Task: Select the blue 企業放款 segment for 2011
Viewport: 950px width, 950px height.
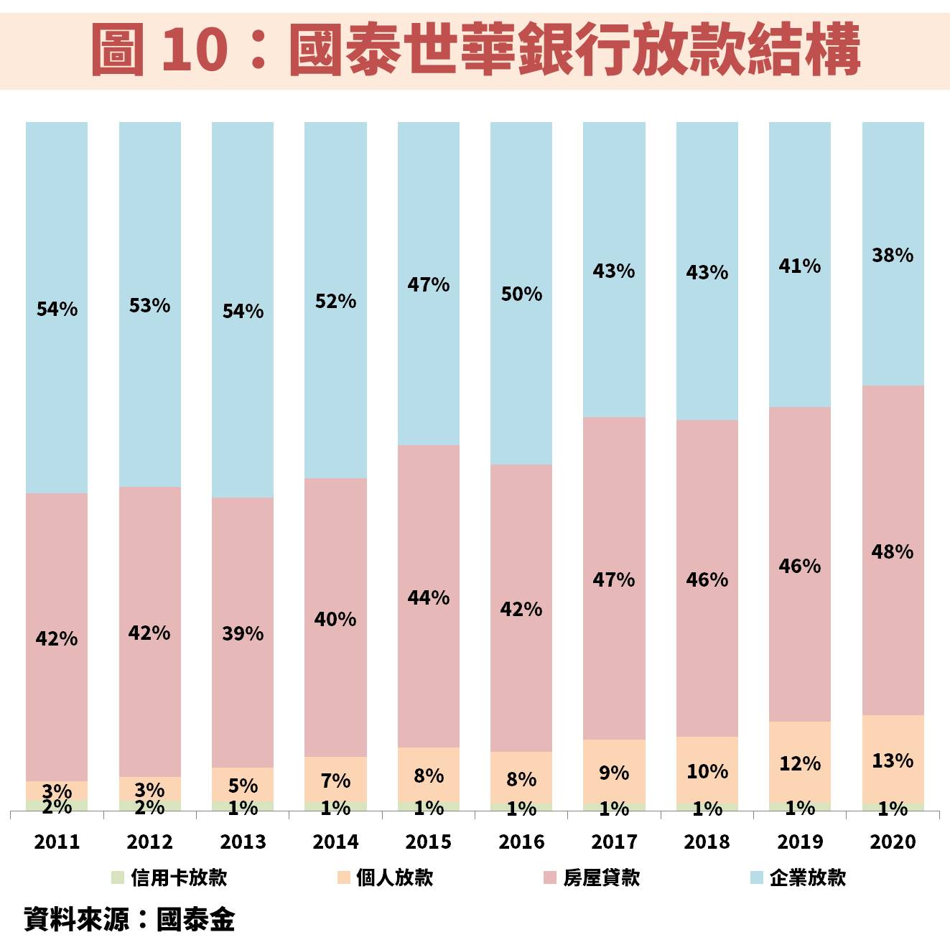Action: [57, 215]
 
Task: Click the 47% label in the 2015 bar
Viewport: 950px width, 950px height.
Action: [429, 285]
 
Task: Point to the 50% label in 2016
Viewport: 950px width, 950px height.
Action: [521, 294]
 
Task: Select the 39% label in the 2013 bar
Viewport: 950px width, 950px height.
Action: [243, 633]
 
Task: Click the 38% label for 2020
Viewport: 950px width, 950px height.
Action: [893, 255]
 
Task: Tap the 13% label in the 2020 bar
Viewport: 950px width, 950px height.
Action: [893, 760]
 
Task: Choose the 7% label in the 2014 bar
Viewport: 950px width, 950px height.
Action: [335, 781]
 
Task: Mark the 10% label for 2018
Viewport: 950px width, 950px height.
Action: [707, 771]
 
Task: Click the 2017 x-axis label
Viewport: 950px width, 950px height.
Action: [614, 842]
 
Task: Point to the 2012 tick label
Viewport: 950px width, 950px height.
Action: [149, 842]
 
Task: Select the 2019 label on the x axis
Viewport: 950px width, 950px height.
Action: [800, 842]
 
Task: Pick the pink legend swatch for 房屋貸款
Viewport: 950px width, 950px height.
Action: [551, 877]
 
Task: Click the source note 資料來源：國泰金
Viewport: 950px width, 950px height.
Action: [129, 919]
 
